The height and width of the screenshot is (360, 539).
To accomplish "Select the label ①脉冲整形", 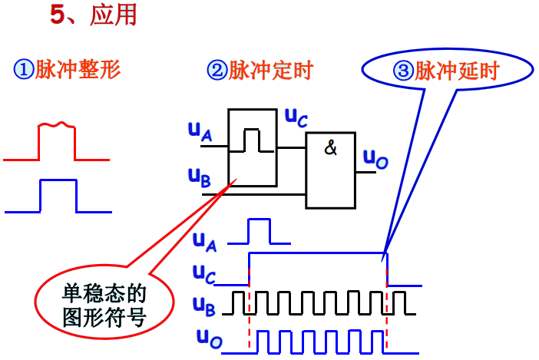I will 67,71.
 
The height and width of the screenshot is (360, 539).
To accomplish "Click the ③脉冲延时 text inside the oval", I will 446,71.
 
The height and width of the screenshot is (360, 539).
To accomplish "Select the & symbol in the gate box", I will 330,149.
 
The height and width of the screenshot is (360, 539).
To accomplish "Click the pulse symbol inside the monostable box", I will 252,140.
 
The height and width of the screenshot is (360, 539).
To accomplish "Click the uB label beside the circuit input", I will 199,177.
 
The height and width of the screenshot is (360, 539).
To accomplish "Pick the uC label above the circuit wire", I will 296,117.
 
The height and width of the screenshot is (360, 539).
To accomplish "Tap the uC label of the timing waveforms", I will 204,273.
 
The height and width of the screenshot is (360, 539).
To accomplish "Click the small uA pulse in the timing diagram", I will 259,230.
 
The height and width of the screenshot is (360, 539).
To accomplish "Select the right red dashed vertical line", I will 386,307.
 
